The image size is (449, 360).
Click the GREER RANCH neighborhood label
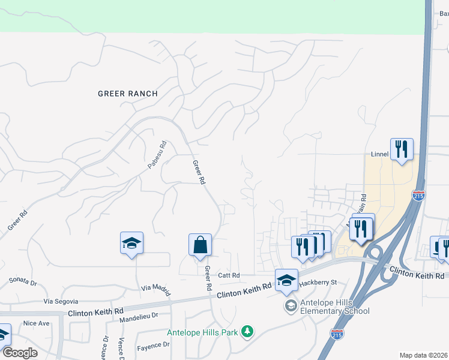pyautogui.click(x=128, y=94)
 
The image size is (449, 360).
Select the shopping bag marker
pyautogui.click(x=200, y=245)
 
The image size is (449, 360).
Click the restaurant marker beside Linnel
pyautogui.click(x=401, y=149)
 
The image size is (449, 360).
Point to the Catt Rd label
pyautogui.click(x=229, y=275)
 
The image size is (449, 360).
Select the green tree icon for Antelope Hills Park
pyautogui.click(x=247, y=332)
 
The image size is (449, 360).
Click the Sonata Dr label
pyautogui.click(x=23, y=281)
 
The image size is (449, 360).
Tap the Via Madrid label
pyautogui.click(x=155, y=287)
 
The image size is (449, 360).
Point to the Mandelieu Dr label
pyautogui.click(x=138, y=314)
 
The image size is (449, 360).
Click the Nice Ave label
pyautogui.click(x=36, y=323)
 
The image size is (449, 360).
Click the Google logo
pyautogui.click(x=20, y=353)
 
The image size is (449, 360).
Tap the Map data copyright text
pyautogui.click(x=423, y=355)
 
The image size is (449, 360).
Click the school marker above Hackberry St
pyautogui.click(x=286, y=280)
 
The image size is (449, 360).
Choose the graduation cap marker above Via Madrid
pyautogui.click(x=131, y=243)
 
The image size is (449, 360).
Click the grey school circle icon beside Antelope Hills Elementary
pyautogui.click(x=291, y=306)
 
